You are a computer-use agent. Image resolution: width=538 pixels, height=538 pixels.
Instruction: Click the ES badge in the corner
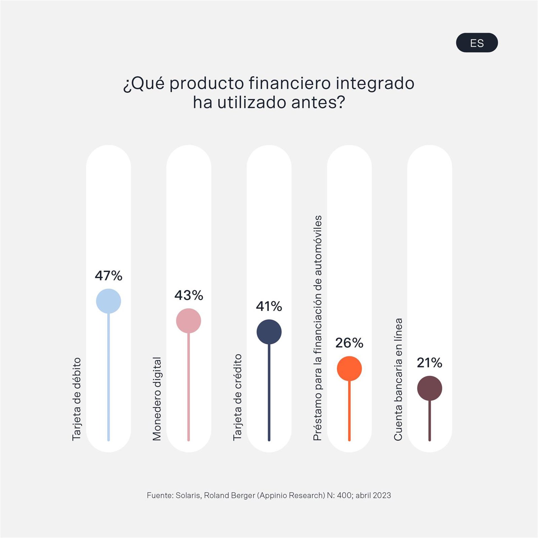(x=477, y=43)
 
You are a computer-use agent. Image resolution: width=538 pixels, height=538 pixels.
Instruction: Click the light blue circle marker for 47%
(x=108, y=301)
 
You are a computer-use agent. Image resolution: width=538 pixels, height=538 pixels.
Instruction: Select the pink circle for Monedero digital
(x=189, y=321)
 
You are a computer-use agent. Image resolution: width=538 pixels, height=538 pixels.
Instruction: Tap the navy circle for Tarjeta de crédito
(x=269, y=332)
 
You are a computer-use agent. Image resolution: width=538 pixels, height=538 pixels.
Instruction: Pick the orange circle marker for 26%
(x=349, y=368)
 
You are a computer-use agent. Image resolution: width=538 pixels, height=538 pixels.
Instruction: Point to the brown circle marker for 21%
(x=430, y=388)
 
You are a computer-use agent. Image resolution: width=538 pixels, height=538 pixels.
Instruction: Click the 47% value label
(x=108, y=276)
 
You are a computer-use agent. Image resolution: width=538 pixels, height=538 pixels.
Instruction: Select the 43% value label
(x=189, y=295)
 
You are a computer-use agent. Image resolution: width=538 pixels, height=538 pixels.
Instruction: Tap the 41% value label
(x=269, y=306)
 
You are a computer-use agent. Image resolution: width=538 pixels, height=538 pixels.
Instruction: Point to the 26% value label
(x=349, y=343)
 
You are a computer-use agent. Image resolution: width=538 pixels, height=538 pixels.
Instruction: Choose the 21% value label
(x=430, y=363)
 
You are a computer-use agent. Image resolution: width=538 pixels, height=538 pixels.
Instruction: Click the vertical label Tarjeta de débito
(x=76, y=399)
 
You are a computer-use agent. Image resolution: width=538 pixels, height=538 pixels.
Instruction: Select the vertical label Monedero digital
(x=157, y=399)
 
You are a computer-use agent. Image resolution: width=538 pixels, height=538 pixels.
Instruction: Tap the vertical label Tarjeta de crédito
(x=237, y=397)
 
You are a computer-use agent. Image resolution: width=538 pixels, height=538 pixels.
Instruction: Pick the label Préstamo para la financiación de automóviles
(x=317, y=328)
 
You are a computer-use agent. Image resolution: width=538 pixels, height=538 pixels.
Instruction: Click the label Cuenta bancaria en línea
(x=398, y=379)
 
